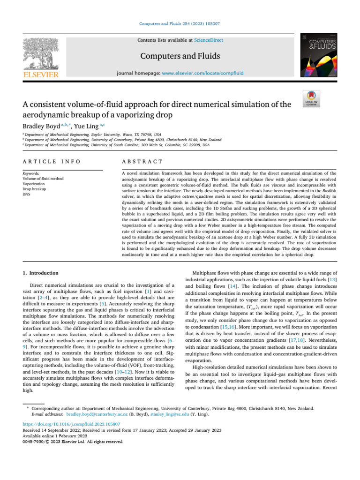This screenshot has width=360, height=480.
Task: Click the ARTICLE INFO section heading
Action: tap(51, 162)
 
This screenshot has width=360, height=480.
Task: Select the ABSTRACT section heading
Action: tap(136, 162)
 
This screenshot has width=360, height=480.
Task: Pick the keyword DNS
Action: tap(26, 194)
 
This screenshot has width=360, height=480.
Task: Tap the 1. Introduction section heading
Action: tap(41, 273)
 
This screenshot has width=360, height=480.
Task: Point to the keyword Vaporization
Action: tap(34, 183)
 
